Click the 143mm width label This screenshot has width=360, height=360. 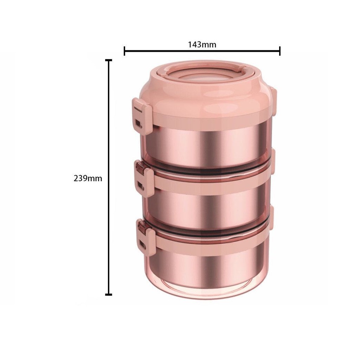pos(202,45)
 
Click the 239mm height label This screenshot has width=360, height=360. pos(88,178)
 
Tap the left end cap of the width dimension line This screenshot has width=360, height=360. pos(124,51)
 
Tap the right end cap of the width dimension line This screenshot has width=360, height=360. pos(279,51)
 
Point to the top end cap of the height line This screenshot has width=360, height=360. pos(109,60)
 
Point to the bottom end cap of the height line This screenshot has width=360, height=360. pos(109,294)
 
